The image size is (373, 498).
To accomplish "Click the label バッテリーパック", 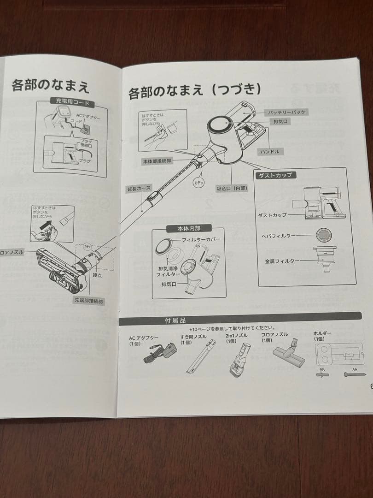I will point(286,112).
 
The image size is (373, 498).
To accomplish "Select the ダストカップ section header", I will point(275,175).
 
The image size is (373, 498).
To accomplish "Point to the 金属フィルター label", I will point(281,261).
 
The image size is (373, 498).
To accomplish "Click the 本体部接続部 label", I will point(157,161).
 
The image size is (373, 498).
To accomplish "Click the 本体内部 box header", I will point(189,228).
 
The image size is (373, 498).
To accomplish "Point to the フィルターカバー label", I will point(201,240).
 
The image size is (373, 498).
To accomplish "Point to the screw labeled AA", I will point(355,375).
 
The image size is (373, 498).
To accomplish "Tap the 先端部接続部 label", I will point(89,300).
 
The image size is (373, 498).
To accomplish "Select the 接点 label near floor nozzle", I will point(97,275).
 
